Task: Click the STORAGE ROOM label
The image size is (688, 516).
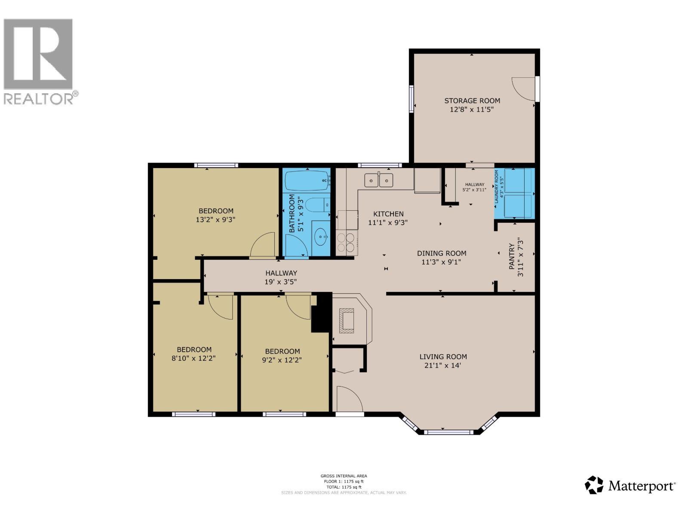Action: pos(472,101)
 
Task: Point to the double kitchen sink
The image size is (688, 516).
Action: pos(379,180)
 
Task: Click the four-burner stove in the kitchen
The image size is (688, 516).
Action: pos(347,242)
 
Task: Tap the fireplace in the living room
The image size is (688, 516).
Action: pos(347,321)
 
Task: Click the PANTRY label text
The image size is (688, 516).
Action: pos(512,257)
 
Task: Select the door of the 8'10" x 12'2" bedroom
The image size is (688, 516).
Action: pos(221,306)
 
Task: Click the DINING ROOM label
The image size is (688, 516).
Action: pos(441,253)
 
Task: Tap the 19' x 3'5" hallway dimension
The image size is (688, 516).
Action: pos(281,282)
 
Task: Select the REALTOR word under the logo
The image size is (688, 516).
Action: pos(39,99)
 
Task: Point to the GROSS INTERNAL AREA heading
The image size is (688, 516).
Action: pos(344,476)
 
